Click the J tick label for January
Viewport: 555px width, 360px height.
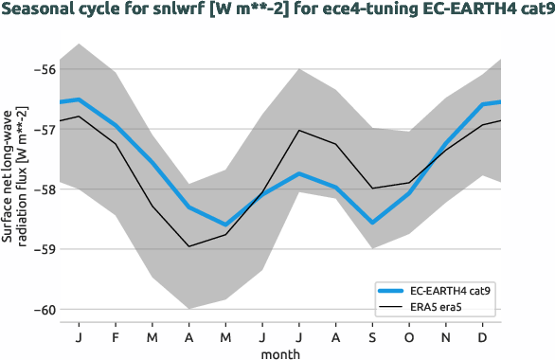(80, 337)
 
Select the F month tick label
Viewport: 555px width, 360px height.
(116, 337)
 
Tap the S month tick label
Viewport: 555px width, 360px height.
(372, 337)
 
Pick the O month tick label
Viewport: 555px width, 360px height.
(409, 337)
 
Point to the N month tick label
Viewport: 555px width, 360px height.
(446, 337)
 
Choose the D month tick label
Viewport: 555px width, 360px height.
(483, 337)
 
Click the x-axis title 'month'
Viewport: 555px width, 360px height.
(281, 353)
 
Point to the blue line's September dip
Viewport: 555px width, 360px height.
(372, 223)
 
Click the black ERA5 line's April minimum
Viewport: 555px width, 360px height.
(189, 246)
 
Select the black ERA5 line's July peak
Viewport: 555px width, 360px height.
(299, 130)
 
